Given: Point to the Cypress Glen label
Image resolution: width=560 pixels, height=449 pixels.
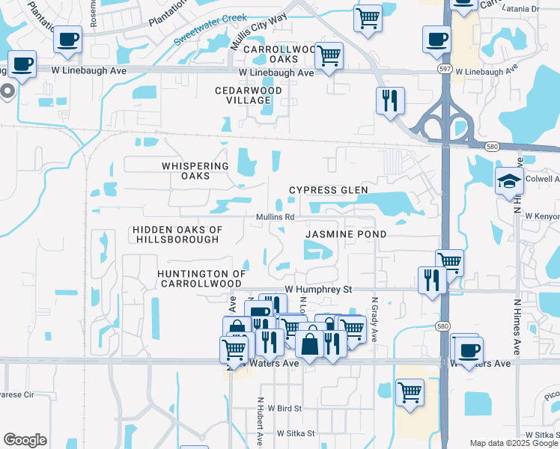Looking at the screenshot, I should pos(329,190).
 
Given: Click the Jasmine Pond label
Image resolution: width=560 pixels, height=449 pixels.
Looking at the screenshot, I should pos(346,234).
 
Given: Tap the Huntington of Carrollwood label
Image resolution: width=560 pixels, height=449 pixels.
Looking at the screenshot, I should pos(201,278).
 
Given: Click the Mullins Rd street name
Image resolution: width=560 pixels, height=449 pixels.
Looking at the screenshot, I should pos(276,217).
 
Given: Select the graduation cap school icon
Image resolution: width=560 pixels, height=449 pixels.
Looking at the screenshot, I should pos(509,180).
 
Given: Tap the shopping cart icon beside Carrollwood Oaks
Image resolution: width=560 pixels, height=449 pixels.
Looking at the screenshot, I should pos(329,55).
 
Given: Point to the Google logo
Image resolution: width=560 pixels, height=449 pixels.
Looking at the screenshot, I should pos(25,440).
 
